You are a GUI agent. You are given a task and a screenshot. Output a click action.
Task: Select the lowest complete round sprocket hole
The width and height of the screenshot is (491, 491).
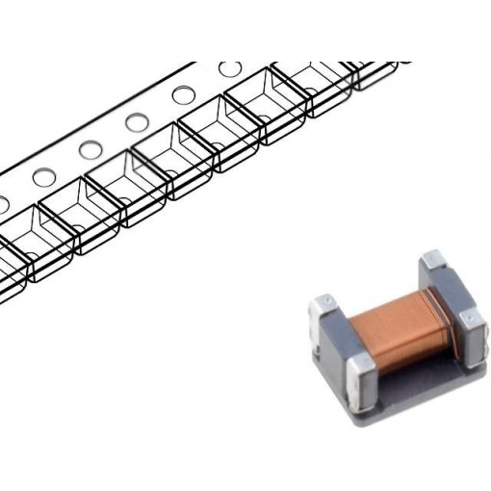tap(44, 177)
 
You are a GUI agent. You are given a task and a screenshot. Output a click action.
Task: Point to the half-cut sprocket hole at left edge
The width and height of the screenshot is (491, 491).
tap(3, 203)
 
